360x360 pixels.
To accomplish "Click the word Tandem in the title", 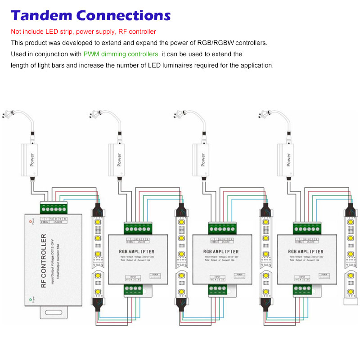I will point(41,15).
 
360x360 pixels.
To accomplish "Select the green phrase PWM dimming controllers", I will point(121,54).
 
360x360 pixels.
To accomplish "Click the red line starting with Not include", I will point(83,31).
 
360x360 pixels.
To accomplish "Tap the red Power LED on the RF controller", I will point(31,222).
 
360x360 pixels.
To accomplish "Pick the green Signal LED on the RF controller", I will point(31,299).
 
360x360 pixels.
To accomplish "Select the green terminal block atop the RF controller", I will point(53,209).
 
